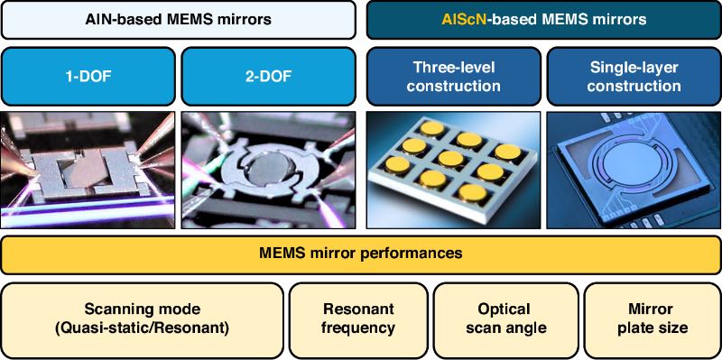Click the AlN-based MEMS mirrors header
click(178, 19)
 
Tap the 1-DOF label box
click(88, 77)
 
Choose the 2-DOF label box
click(268, 77)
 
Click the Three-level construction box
click(454, 77)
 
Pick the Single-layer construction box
click(634, 77)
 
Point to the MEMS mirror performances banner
click(361, 254)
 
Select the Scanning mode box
click(143, 320)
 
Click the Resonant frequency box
click(358, 320)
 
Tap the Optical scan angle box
click(505, 320)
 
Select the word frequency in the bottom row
click(358, 328)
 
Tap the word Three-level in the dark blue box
click(454, 68)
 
